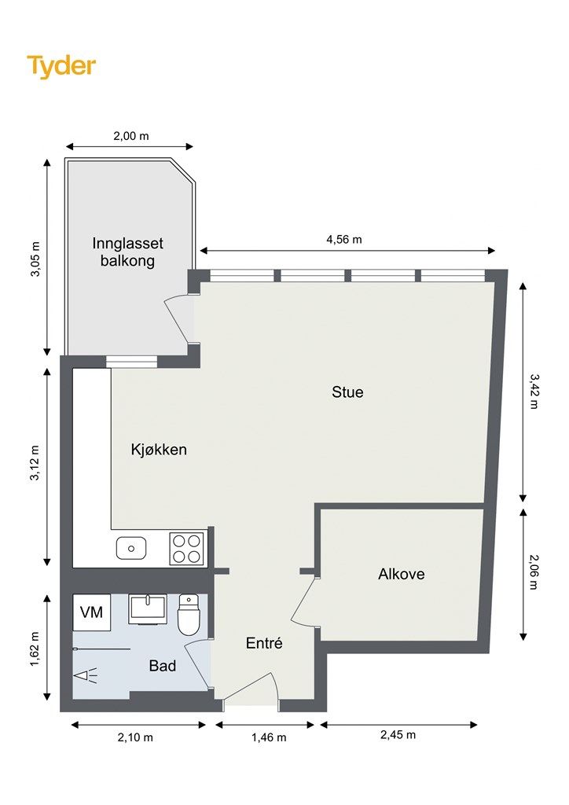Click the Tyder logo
coord(61,66)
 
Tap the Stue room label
coord(347,392)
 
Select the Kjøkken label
coord(159,450)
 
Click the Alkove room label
coord(402,574)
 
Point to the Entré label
coord(264,643)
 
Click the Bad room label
coord(163,666)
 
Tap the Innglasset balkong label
coord(128,252)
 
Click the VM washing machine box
coord(91,612)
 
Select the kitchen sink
coord(131,548)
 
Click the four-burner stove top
coord(187,549)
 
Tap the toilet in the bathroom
coord(189,614)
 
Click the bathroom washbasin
coord(147,609)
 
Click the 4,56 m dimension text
coord(344,239)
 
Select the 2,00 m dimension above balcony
coord(130,136)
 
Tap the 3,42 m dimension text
coord(534,391)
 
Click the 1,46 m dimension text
coord(268,737)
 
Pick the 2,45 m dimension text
coord(398,735)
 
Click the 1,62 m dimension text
coord(35,649)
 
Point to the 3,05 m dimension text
coord(35,259)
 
